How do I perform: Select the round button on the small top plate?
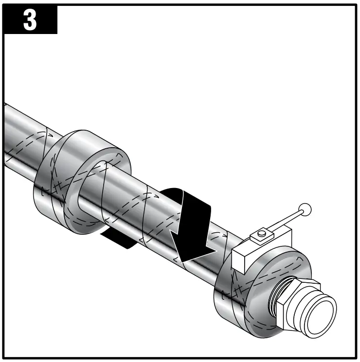(x=262, y=235)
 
